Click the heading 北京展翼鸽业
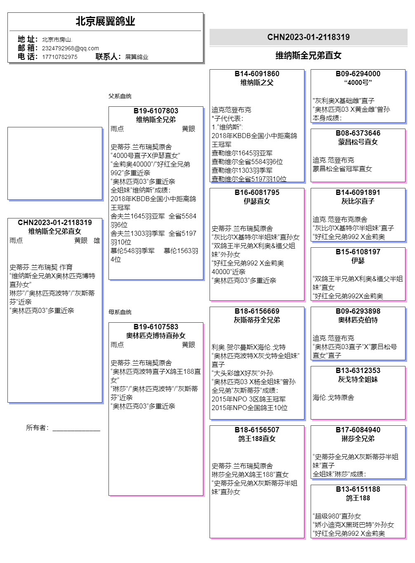tap(105, 21)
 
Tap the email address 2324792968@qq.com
tap(70, 48)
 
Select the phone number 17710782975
tap(59, 57)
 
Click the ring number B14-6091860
tap(257, 74)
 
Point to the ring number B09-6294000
tap(358, 74)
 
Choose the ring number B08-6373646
tap(358, 133)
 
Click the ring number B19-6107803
tap(156, 111)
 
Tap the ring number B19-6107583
tap(156, 327)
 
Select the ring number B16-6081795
tap(257, 192)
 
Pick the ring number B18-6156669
tap(257, 311)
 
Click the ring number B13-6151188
tap(358, 489)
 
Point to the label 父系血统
tap(120, 96)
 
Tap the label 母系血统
tap(120, 312)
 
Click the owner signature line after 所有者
tap(76, 429)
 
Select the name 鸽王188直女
tap(257, 439)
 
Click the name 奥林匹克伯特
tap(358, 320)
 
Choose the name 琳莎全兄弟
tap(358, 439)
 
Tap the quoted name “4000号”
tap(358, 82)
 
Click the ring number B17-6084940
tap(358, 430)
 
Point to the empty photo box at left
tap(55, 164)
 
